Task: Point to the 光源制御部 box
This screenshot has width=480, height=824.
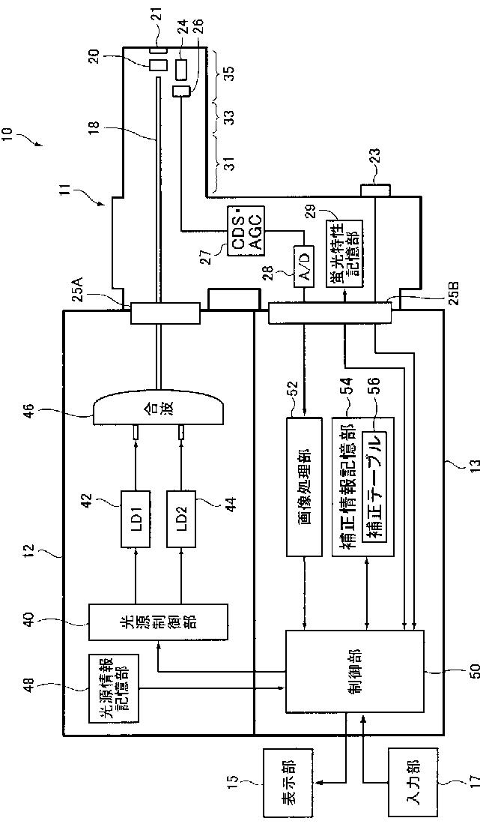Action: (158, 622)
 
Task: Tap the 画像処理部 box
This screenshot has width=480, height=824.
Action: (304, 486)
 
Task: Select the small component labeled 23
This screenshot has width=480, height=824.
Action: (374, 189)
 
